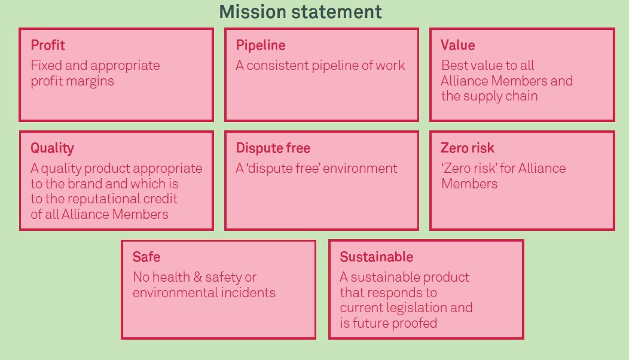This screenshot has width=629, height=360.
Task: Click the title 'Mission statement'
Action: tap(301, 11)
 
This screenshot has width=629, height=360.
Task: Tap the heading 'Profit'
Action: tap(48, 45)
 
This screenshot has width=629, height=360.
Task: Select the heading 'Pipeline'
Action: tap(261, 45)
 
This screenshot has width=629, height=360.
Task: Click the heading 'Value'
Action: tap(458, 45)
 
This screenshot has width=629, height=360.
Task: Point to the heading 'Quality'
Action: tap(52, 148)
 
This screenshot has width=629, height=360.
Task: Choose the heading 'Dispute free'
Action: tap(273, 148)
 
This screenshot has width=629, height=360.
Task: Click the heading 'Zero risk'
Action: tap(468, 148)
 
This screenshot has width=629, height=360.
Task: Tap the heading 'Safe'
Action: tap(146, 257)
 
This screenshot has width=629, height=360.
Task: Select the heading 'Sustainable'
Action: tap(376, 257)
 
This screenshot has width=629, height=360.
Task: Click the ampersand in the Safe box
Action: tap(197, 277)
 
